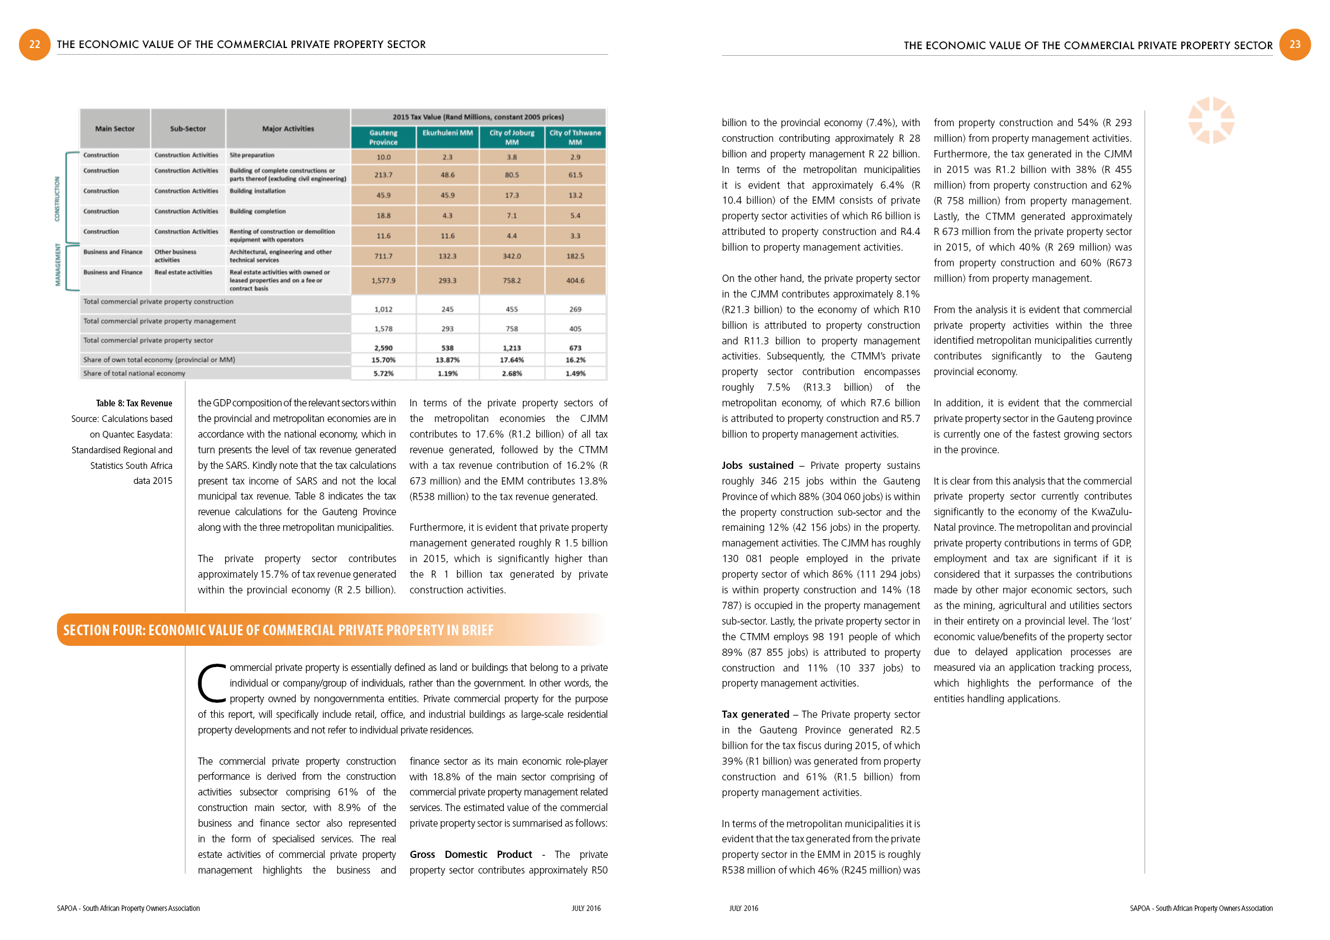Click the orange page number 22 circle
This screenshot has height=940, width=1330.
pyautogui.click(x=35, y=45)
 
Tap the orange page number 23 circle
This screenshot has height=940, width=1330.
pyautogui.click(x=1295, y=45)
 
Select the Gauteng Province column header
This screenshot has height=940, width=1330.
pyautogui.click(x=384, y=137)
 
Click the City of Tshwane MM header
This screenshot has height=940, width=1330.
pyautogui.click(x=575, y=137)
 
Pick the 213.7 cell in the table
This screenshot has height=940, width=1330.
pyautogui.click(x=384, y=175)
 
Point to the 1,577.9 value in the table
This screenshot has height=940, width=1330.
pyautogui.click(x=384, y=281)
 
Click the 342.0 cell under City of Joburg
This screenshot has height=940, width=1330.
pyautogui.click(x=512, y=256)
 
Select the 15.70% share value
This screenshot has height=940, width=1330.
pyautogui.click(x=384, y=360)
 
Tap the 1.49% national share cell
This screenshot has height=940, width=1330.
pyautogui.click(x=575, y=374)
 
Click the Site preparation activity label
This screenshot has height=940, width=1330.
pyautogui.click(x=252, y=155)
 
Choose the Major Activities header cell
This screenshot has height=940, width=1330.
pyautogui.click(x=288, y=128)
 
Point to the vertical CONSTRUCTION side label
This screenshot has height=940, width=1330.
pyautogui.click(x=58, y=199)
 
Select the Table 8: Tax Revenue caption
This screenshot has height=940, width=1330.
pyautogui.click(x=134, y=404)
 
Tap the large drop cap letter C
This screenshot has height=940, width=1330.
pyautogui.click(x=212, y=684)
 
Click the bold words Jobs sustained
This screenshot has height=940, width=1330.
pyautogui.click(x=757, y=466)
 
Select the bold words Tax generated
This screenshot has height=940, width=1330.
pyautogui.click(x=755, y=714)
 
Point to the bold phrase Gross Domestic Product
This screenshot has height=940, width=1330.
pyautogui.click(x=470, y=855)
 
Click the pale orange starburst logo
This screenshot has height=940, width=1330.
pyautogui.click(x=1211, y=121)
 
